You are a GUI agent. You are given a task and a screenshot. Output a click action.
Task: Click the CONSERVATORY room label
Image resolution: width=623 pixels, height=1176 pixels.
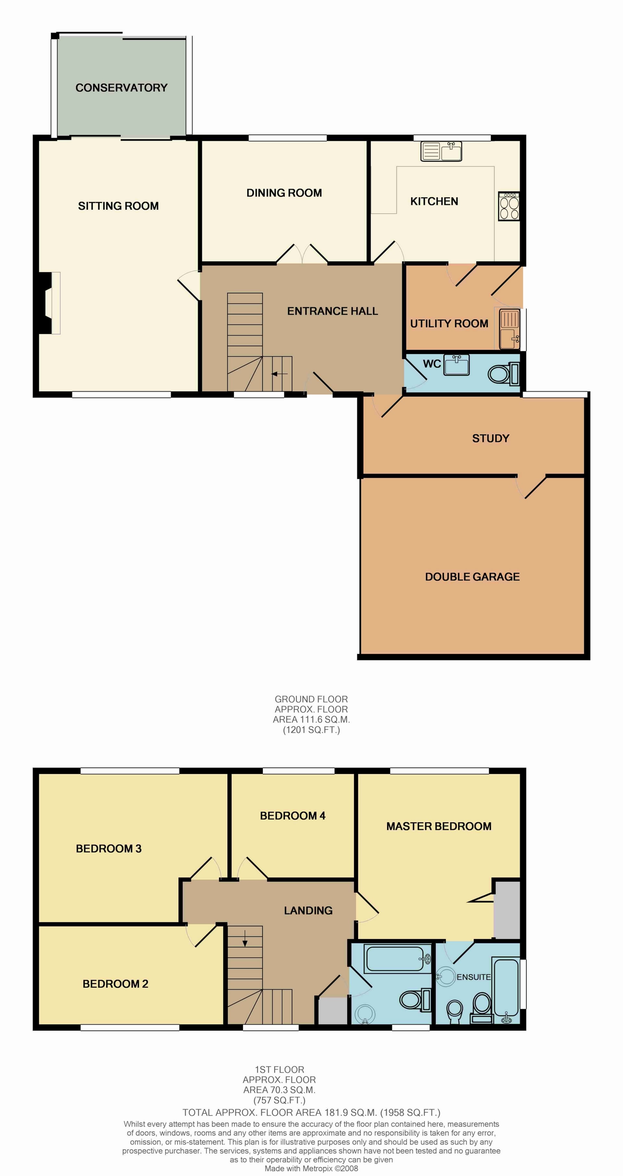[121, 88]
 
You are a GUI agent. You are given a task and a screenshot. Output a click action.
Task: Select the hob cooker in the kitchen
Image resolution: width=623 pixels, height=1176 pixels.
[509, 206]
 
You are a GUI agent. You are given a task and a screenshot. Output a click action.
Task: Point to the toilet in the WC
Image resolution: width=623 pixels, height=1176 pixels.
[503, 374]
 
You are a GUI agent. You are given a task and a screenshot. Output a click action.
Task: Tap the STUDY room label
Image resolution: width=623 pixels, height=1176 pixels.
[491, 438]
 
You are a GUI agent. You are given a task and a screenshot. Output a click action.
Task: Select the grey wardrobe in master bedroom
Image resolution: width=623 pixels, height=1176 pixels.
[507, 909]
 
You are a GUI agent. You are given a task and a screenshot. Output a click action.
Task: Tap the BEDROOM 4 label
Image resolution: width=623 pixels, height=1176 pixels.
[292, 815]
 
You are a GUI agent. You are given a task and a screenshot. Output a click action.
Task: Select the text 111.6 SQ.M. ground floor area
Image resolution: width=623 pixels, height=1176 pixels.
[311, 719]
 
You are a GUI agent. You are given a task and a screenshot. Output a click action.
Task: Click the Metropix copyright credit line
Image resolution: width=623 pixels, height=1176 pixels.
[311, 1168]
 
